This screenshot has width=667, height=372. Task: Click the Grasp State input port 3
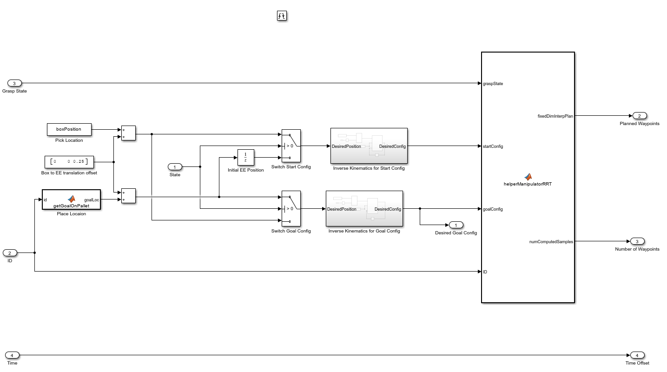pos(14,83)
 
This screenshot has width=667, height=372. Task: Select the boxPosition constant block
pos(69,129)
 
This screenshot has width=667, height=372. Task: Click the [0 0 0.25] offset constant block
pos(69,162)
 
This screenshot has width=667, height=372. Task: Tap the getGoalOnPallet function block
pos(71,200)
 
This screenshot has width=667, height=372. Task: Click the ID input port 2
pos(10,253)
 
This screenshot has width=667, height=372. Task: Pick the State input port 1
pos(175,167)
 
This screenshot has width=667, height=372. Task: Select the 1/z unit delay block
pos(245,158)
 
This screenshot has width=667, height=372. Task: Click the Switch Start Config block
pos(291,146)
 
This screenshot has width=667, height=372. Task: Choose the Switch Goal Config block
pos(291,209)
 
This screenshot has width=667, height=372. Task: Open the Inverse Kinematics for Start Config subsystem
pos(369,146)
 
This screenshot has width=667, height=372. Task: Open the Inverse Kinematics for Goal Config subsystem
pos(364,209)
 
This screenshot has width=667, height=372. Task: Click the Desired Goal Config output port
pos(456,225)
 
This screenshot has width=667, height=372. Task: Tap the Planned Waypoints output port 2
pos(639,116)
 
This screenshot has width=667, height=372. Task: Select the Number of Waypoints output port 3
pos(637,241)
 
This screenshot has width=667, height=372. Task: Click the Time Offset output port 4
pos(637,355)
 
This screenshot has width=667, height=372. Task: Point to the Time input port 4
pos(12,355)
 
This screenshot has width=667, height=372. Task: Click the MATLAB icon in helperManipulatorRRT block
pos(528,177)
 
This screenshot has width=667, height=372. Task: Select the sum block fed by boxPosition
pos(128,133)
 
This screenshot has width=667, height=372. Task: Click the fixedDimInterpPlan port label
pos(555,116)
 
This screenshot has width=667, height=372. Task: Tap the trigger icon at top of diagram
pos(282,16)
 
